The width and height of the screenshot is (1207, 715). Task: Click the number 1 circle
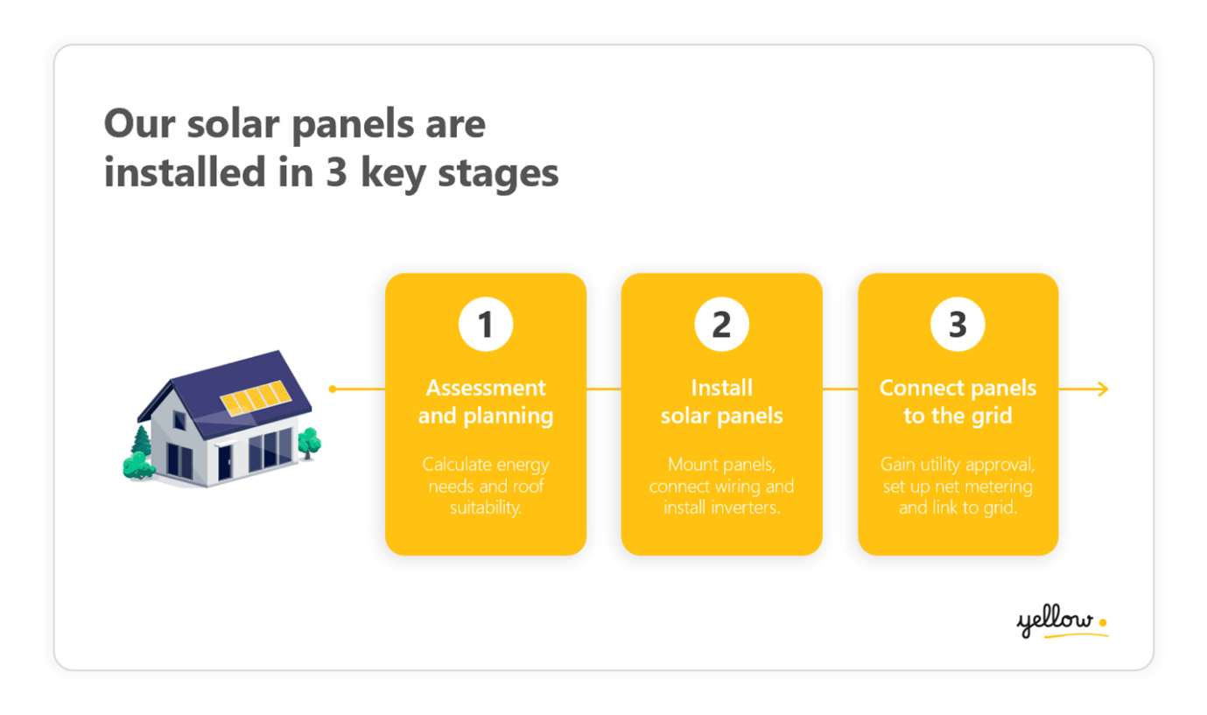click(x=485, y=325)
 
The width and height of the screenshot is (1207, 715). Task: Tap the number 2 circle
click(x=721, y=325)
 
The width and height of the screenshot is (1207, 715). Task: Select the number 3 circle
click(x=958, y=325)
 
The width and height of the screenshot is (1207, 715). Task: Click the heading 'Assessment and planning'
click(x=485, y=401)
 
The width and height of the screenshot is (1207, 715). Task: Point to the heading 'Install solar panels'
click(x=721, y=401)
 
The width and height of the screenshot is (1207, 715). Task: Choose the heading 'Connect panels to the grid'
click(x=958, y=401)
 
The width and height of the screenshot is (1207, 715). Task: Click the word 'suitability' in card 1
click(x=485, y=508)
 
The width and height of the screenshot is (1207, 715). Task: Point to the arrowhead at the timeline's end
click(x=1103, y=389)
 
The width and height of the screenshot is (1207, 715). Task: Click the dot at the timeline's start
click(x=333, y=389)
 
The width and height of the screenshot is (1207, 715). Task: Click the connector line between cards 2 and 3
click(x=840, y=389)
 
